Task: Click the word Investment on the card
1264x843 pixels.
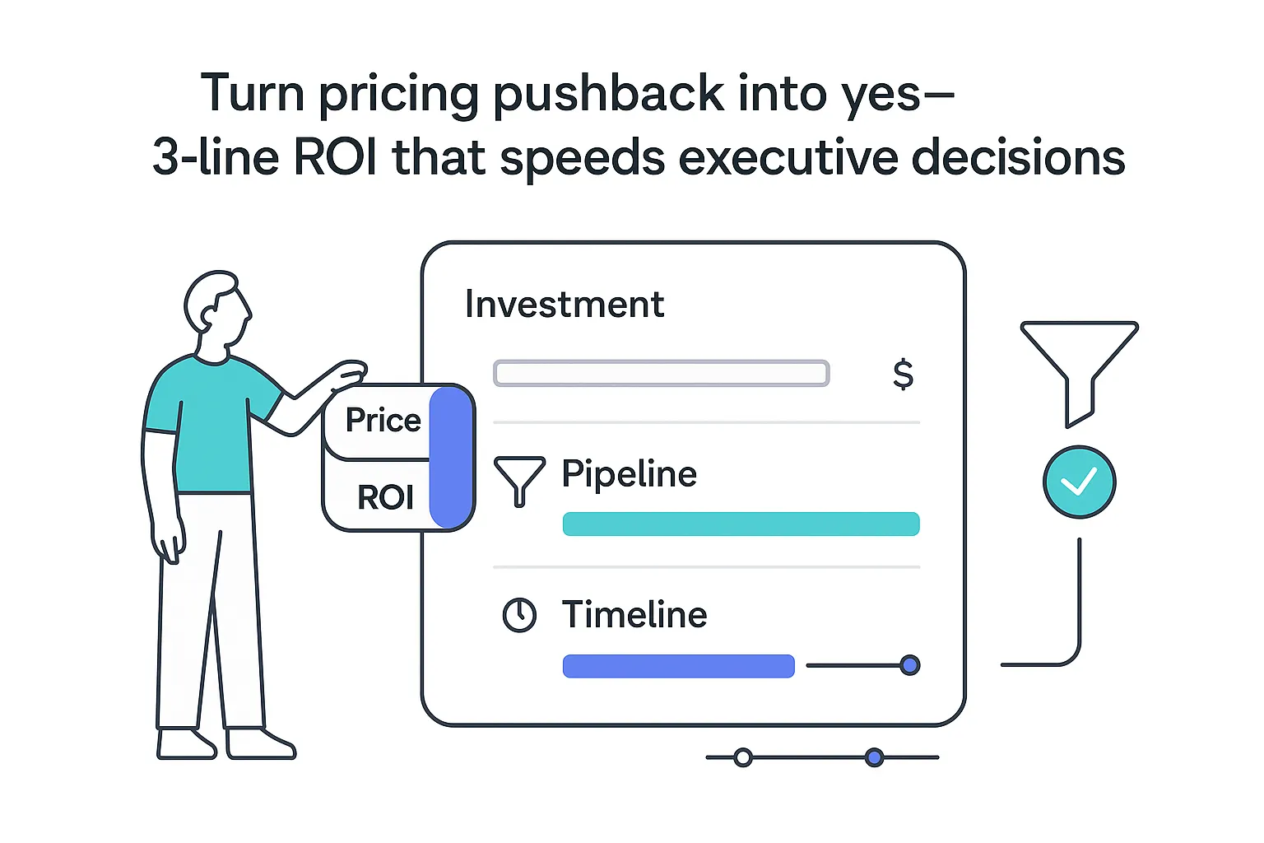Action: tap(565, 305)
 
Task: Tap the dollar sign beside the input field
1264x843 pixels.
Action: tap(903, 374)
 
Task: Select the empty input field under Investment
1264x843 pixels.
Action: tap(661, 374)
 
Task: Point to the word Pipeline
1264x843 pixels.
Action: tap(629, 474)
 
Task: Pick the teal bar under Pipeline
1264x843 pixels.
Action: tap(741, 524)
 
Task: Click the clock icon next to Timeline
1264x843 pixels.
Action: tap(519, 615)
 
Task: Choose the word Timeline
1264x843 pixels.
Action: tap(634, 615)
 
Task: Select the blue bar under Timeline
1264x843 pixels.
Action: tap(678, 666)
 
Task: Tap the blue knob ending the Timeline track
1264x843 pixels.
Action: tap(909, 665)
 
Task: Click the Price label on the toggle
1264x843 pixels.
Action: tap(383, 421)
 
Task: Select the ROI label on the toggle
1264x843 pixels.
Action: tap(385, 497)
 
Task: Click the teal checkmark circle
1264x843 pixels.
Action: tap(1079, 482)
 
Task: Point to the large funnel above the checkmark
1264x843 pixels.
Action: tap(1079, 362)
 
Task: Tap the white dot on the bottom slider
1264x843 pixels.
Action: tap(742, 757)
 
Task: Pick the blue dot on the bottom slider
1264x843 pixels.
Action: tap(874, 757)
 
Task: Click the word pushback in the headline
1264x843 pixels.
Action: tap(608, 94)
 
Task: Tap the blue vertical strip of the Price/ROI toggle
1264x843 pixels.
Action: tap(450, 458)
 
